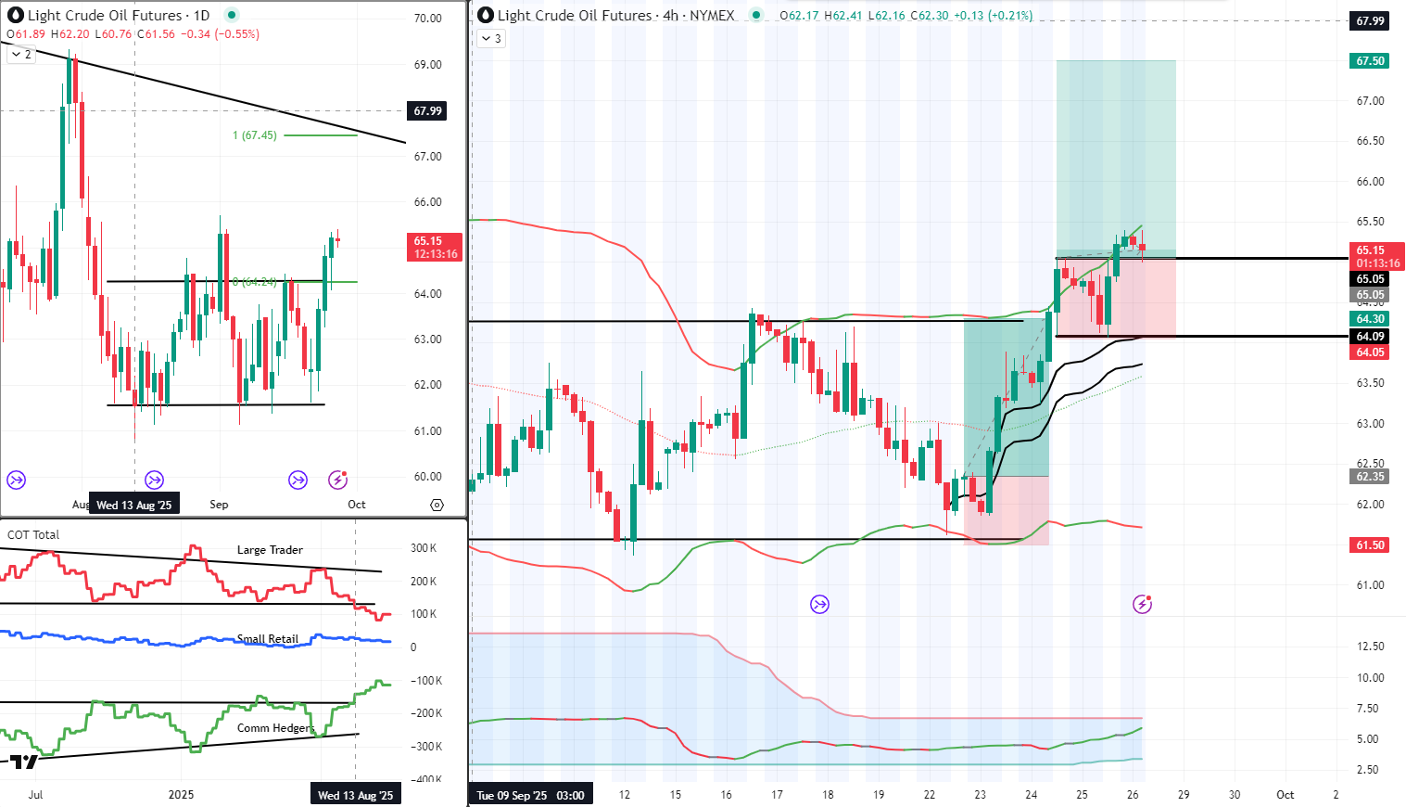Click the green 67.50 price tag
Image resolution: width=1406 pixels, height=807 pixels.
coord(1370,61)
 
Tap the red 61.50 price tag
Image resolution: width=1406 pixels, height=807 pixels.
coord(1370,545)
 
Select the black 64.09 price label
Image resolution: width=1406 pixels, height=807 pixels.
coord(1370,337)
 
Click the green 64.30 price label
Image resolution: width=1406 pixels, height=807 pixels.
coord(1370,319)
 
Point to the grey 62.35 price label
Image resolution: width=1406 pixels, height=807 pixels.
coord(1370,477)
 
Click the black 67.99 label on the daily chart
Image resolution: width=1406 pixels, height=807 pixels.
coord(427,111)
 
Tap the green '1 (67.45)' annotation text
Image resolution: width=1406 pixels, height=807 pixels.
coord(255,135)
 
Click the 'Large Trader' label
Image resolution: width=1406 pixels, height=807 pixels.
coord(270,550)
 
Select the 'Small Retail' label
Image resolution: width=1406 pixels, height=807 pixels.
coord(268,639)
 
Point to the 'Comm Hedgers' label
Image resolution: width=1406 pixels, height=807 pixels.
coord(275,728)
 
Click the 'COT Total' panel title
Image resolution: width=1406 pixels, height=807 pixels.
coord(33,535)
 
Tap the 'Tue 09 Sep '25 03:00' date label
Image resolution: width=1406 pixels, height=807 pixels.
coord(530,796)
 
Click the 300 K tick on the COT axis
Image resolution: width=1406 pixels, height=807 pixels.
coord(424,548)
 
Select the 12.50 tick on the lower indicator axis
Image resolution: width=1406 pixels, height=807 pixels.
coord(1371,647)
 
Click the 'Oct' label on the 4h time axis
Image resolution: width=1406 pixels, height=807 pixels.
coord(1285,795)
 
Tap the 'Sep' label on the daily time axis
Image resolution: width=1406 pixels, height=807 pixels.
coord(219,505)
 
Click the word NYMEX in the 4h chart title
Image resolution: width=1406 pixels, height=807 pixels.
coord(712,16)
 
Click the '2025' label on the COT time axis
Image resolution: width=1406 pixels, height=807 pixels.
coord(181,795)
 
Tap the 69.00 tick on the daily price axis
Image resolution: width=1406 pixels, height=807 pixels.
coord(428,65)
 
